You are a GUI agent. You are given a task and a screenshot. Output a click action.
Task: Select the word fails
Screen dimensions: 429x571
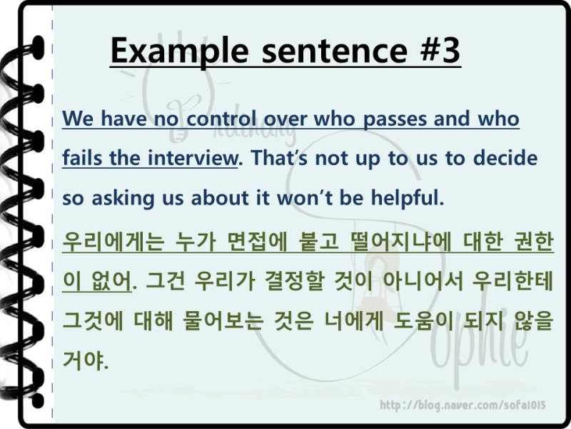81,158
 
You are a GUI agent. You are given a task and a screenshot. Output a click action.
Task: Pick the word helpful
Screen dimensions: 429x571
406,198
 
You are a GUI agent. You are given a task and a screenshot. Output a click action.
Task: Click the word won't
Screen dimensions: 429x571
310,198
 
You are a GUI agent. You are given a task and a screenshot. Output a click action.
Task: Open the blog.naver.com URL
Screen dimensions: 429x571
463,405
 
